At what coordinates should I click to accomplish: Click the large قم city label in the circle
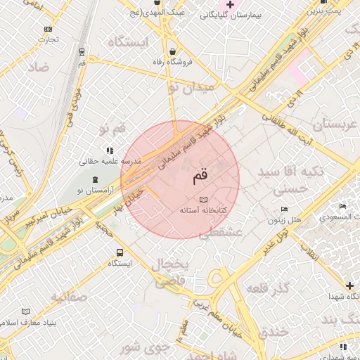point(200,176)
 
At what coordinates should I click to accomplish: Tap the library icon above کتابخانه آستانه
point(204,200)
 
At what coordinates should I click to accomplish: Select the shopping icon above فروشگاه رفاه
point(174,51)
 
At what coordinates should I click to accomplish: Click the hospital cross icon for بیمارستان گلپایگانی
point(229,5)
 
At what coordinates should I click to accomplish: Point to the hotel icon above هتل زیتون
point(284,210)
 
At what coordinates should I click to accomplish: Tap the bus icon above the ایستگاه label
point(120,252)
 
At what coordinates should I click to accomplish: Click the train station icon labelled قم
point(83,52)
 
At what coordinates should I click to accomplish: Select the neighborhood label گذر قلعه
point(269,289)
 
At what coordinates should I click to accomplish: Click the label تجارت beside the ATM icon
point(49,39)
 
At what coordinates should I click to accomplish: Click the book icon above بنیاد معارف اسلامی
point(27,311)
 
